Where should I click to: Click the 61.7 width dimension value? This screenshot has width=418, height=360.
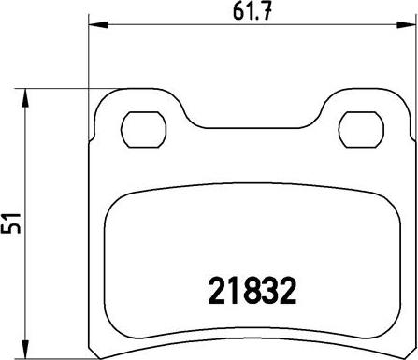[252, 12]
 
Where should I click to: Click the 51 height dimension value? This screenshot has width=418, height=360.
[10, 223]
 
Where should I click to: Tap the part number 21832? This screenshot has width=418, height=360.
[252, 291]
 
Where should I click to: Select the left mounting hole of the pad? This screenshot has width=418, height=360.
[143, 129]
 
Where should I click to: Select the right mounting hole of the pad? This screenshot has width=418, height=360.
[361, 129]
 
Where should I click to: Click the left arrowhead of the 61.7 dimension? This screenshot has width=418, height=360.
[98, 24]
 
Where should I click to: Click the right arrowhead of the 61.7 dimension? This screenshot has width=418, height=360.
[406, 24]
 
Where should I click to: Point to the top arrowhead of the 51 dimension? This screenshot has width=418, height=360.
[24, 98]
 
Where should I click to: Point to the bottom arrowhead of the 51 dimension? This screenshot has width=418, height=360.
[24, 349]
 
